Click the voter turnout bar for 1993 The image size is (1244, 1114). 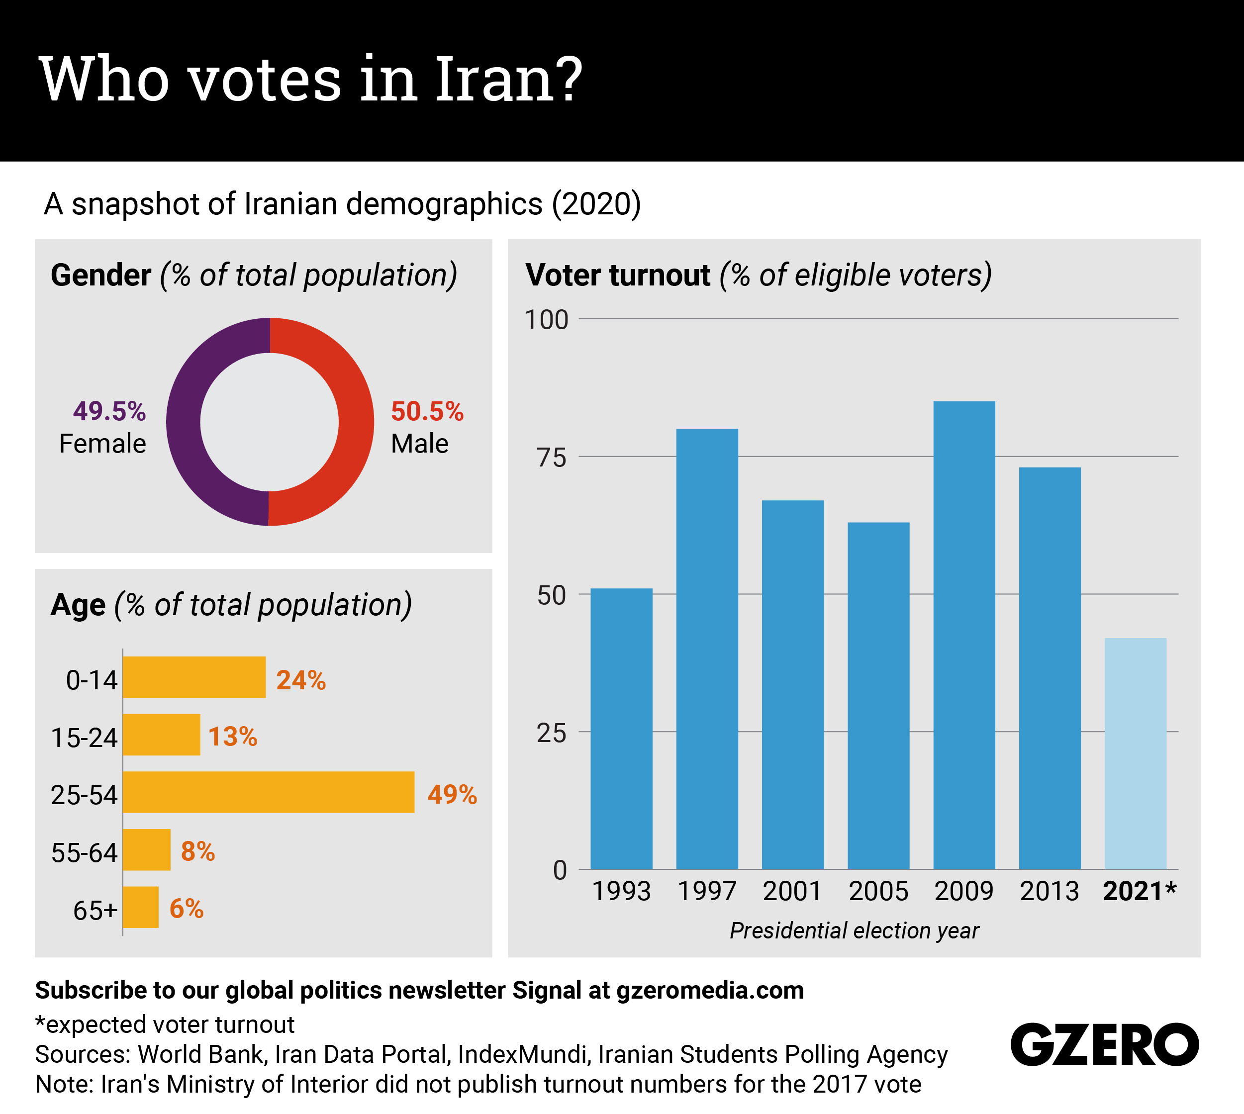click(621, 729)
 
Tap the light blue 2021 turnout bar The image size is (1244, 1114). click(1135, 753)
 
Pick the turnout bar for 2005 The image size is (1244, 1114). click(878, 695)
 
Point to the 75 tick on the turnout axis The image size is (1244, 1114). click(552, 457)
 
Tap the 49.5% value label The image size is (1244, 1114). click(109, 411)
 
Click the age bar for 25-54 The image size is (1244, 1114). click(268, 792)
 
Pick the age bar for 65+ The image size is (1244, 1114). click(141, 907)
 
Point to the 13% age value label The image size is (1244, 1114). click(233, 737)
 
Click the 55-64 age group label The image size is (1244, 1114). click(84, 852)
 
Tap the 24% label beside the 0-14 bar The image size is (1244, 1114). click(300, 680)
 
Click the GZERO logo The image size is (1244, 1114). click(1104, 1044)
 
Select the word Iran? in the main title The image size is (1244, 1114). click(508, 79)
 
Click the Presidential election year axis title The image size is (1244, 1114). click(854, 930)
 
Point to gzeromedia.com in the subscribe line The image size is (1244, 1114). click(710, 990)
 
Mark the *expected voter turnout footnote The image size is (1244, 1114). click(165, 1024)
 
